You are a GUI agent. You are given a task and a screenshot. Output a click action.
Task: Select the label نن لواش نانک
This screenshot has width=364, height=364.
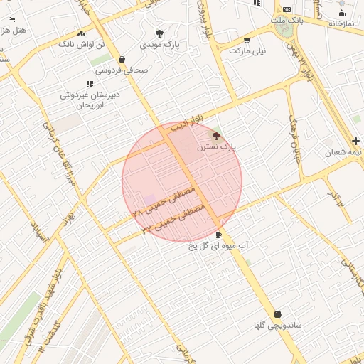pyautogui.click(x=80, y=44)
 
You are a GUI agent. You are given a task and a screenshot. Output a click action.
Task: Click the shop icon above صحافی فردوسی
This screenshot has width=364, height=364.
pyautogui.click(x=123, y=60)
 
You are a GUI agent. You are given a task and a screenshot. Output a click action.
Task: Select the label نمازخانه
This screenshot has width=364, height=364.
pyautogui.click(x=341, y=23)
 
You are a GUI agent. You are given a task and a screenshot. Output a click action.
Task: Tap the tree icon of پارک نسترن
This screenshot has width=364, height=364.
pyautogui.click(x=217, y=134)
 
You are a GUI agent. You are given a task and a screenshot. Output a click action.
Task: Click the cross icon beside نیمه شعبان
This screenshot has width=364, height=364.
pyautogui.click(x=356, y=141)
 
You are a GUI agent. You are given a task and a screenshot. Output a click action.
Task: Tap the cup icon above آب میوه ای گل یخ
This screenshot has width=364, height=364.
pyautogui.click(x=218, y=235)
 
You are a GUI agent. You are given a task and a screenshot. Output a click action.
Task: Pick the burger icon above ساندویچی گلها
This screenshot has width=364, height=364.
pyautogui.click(x=277, y=314)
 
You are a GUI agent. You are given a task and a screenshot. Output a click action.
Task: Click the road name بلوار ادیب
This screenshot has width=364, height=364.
pyautogui.click(x=191, y=119)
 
